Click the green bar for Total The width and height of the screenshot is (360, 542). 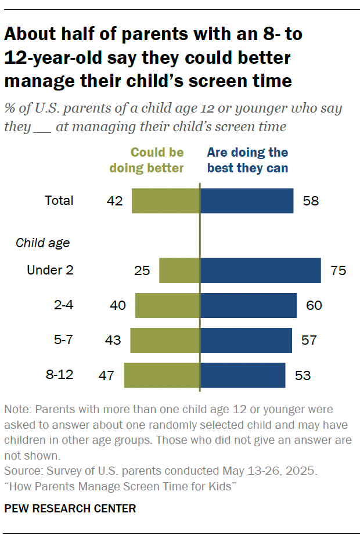[x=165, y=201]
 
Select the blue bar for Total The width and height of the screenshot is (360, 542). [x=247, y=201]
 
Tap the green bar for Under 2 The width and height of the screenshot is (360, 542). [x=179, y=270]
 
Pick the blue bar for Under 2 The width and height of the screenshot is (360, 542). [x=261, y=270]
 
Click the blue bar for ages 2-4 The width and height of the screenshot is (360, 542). [x=249, y=305]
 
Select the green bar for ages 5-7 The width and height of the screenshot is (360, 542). [x=165, y=340]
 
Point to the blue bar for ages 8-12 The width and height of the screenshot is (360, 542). [x=243, y=375]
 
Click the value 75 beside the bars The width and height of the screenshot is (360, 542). [x=339, y=270]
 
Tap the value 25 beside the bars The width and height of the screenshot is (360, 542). [x=142, y=270]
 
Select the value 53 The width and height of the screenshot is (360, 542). [x=303, y=375]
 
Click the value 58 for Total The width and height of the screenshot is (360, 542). [x=311, y=201]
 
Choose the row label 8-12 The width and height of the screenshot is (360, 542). [x=59, y=374]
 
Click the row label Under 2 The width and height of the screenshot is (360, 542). [x=50, y=270]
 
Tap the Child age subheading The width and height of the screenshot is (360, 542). [x=43, y=243]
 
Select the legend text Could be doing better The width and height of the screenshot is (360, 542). [x=156, y=160]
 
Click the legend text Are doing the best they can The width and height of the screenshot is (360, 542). [x=248, y=160]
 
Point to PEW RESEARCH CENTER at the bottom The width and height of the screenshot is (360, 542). [x=70, y=509]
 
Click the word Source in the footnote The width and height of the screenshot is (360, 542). [x=20, y=469]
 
